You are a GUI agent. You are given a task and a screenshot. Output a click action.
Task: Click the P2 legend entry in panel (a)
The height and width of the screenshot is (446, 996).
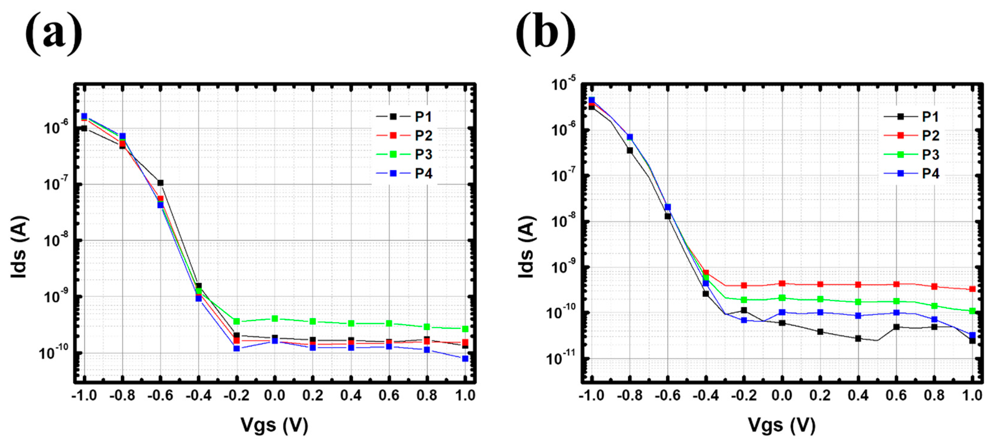404,136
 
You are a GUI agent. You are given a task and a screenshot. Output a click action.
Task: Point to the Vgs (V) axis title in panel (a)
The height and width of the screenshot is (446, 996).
274,425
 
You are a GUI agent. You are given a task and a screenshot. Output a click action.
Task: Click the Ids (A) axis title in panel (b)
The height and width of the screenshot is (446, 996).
526,247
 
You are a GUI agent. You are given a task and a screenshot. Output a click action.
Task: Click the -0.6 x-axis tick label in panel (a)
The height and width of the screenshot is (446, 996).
160,395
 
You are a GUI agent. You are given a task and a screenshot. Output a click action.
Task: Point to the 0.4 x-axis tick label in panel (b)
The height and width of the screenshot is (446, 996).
858,395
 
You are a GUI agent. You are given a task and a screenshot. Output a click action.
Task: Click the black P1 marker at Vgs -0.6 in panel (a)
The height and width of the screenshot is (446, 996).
160,183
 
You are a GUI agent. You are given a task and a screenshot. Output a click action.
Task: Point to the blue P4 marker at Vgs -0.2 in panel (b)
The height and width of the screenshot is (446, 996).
744,320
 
